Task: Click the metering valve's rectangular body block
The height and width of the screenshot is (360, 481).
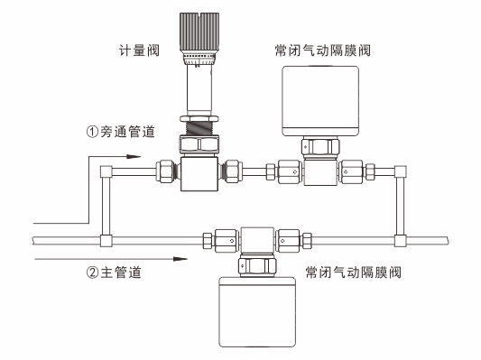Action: pos(199,172)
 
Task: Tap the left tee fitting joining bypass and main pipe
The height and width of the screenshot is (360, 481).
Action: pos(106,241)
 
